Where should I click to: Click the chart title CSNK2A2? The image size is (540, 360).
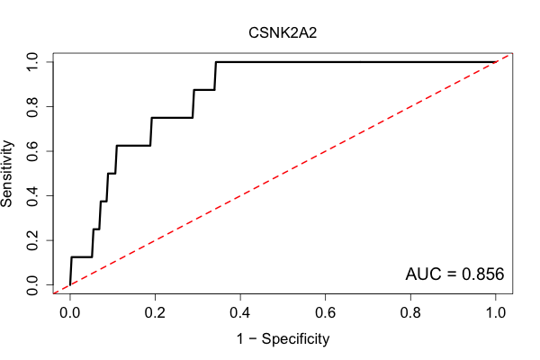[283, 33]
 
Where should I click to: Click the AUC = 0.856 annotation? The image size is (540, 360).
[454, 274]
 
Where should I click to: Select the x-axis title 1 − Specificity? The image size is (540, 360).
[283, 339]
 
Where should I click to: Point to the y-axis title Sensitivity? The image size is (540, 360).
[7, 174]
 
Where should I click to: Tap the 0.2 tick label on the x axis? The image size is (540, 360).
[155, 313]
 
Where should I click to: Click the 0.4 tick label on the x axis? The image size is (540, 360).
[240, 313]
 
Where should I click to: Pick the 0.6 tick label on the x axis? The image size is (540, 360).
[325, 313]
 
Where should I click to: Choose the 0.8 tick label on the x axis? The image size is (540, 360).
[410, 313]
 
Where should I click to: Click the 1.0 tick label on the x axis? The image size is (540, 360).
[496, 313]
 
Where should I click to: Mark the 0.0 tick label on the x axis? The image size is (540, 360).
[70, 313]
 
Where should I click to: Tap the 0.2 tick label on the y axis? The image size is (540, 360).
[32, 240]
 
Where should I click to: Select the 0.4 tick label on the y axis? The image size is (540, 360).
[32, 195]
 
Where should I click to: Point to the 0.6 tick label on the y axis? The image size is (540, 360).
[32, 151]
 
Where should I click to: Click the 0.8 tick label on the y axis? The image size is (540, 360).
[32, 107]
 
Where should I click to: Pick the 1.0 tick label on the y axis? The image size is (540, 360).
[32, 62]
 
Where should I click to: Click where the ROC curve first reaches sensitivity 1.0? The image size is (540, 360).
[216, 62]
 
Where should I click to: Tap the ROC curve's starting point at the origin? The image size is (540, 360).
[70, 284]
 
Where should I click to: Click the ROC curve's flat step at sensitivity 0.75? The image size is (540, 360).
[172, 118]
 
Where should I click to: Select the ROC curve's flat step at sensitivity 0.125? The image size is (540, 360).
[82, 257]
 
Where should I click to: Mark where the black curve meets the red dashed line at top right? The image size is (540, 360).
[496, 62]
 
